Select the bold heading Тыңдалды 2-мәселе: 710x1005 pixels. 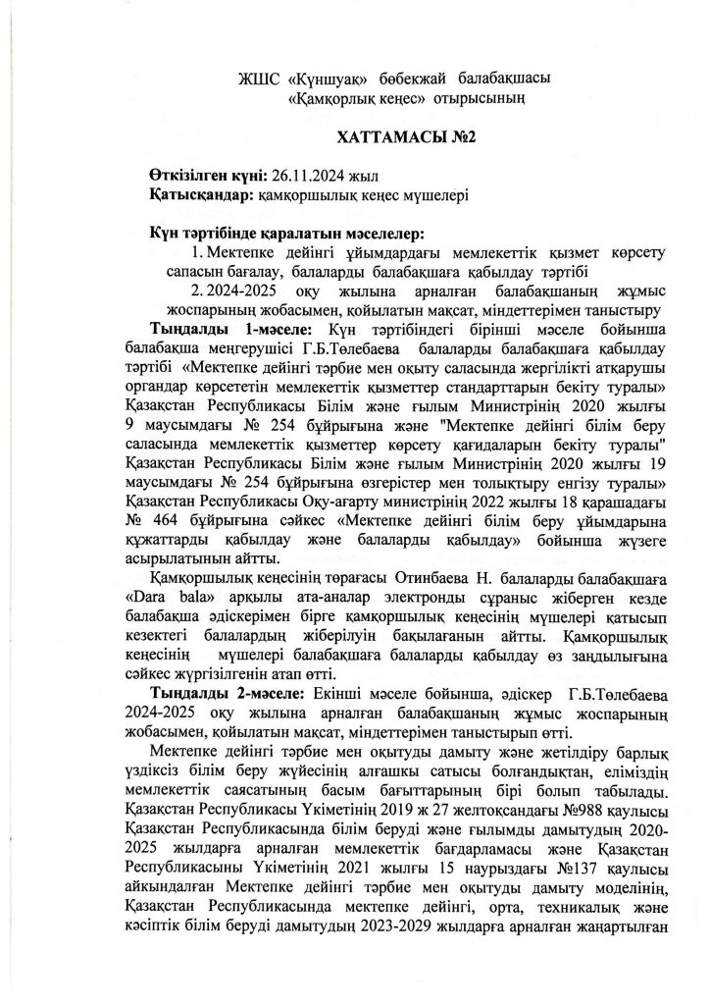click(x=221, y=696)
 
